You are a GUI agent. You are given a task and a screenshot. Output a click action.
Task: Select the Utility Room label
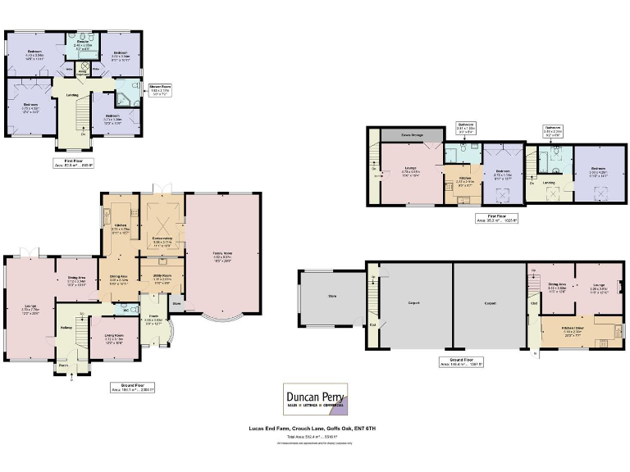(x=162, y=278)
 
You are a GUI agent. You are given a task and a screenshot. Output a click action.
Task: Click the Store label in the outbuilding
(x=332, y=295)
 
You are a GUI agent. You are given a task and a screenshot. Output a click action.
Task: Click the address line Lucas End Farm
(x=314, y=429)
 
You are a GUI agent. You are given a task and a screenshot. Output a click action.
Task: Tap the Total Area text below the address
(x=314, y=437)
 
